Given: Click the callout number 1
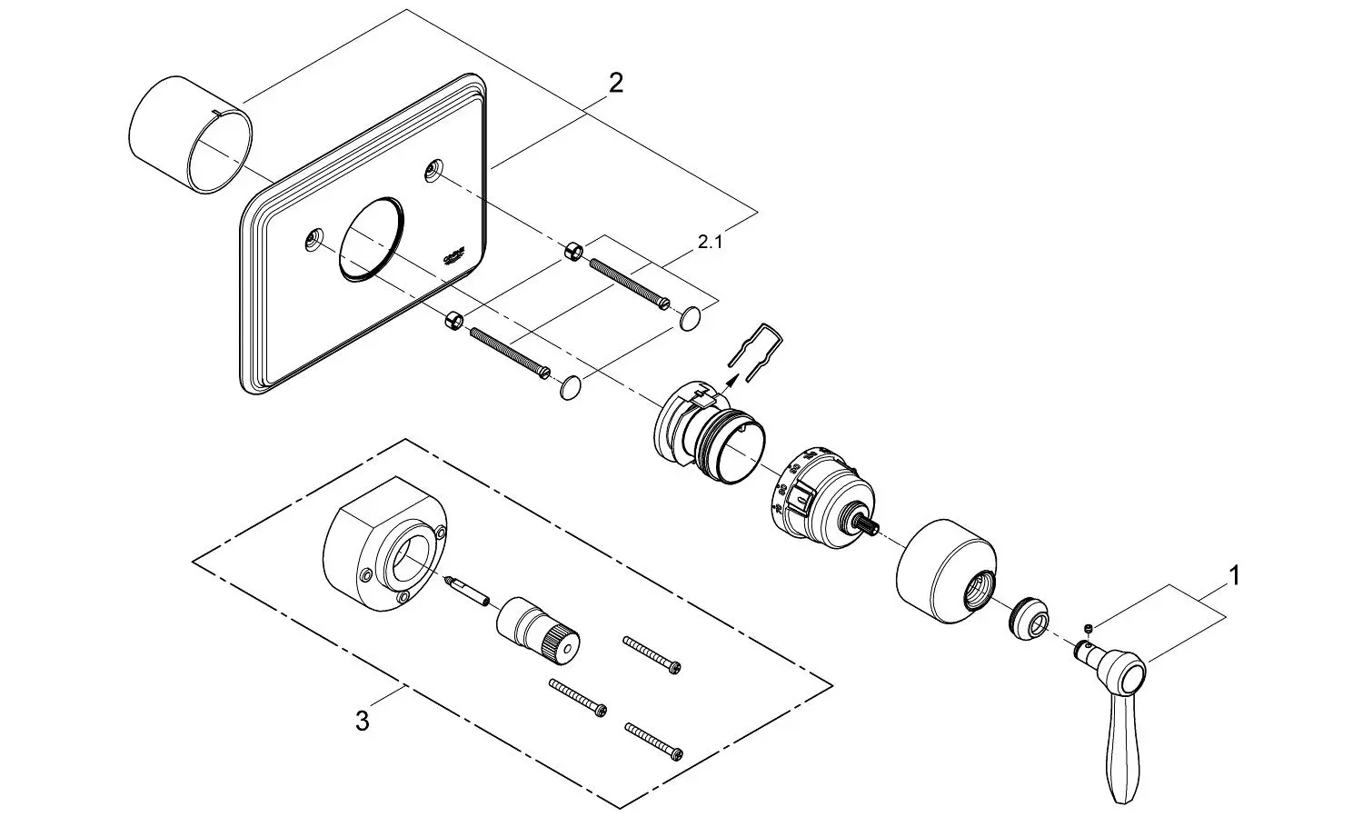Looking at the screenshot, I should point(1233,575).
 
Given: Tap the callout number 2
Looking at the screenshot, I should point(615,84).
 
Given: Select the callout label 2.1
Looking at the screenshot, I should point(711,243).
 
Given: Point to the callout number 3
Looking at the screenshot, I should point(362,722).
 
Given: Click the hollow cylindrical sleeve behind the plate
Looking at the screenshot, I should point(189,135).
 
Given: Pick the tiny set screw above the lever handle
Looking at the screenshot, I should point(1088,628).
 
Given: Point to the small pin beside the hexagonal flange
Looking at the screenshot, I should point(469,589).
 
